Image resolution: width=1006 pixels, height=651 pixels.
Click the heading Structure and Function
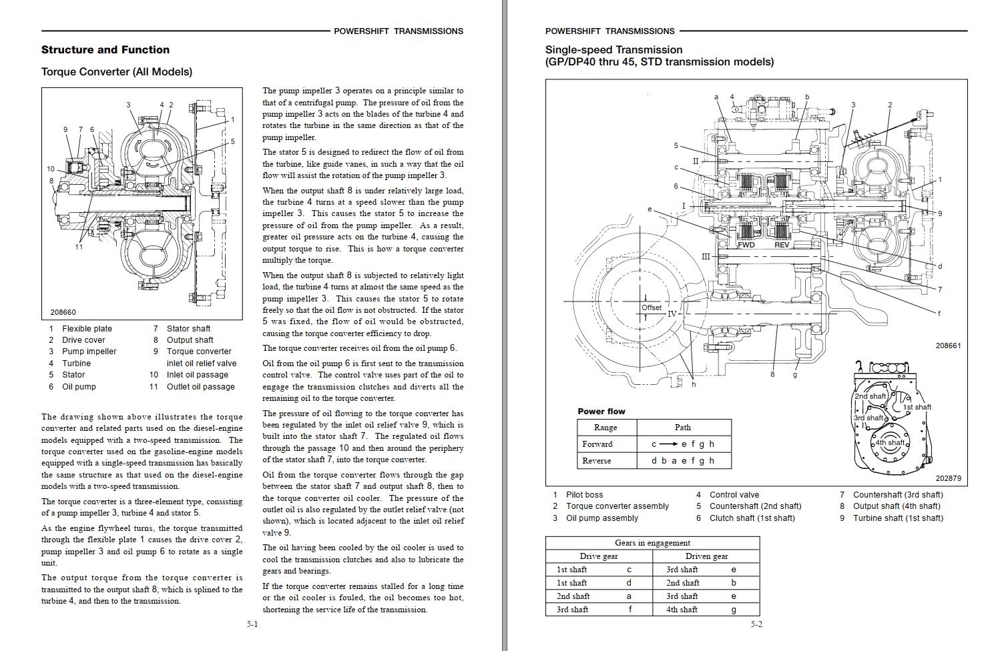pyautogui.click(x=105, y=49)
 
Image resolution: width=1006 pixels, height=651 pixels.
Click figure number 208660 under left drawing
pyautogui.click(x=63, y=312)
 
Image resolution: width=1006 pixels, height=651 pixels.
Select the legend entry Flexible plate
pyautogui.click(x=87, y=328)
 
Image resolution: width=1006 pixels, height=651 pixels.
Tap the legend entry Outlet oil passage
pyautogui.click(x=200, y=386)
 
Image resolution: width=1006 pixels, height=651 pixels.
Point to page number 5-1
pyautogui.click(x=252, y=624)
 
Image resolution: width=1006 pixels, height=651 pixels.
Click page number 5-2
pyautogui.click(x=756, y=624)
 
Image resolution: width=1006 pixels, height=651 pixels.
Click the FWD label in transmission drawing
pyautogui.click(x=746, y=245)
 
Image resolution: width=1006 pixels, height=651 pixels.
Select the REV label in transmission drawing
pyautogui.click(x=781, y=245)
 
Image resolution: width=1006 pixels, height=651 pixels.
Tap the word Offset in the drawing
pyautogui.click(x=651, y=307)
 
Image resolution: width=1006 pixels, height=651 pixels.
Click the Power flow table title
pyautogui.click(x=601, y=411)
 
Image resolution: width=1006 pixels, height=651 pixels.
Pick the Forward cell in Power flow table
pyautogui.click(x=597, y=444)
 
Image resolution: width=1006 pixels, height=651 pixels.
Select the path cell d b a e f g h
pyautogui.click(x=682, y=460)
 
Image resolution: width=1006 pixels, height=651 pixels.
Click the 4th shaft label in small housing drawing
pyautogui.click(x=890, y=442)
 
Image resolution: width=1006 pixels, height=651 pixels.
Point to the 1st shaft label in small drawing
pyautogui.click(x=917, y=407)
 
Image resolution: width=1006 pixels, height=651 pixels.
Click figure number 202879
pyautogui.click(x=948, y=478)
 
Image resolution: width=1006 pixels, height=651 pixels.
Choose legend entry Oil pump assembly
pyautogui.click(x=601, y=518)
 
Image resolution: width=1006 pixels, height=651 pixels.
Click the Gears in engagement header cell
pyautogui.click(x=652, y=542)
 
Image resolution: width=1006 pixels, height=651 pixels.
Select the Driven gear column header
pyautogui.click(x=706, y=556)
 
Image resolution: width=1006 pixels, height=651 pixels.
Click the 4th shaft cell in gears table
pyautogui.click(x=682, y=609)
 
